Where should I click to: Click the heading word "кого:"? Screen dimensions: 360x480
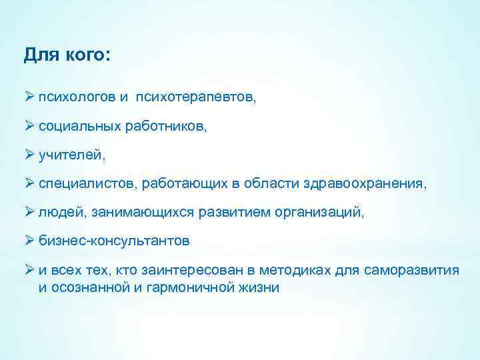point(88,55)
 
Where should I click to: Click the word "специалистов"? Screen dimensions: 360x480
point(81,183)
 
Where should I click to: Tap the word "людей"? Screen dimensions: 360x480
point(57,211)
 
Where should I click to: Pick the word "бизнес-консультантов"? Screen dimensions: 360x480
point(114,241)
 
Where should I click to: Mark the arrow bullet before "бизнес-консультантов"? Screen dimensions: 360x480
point(29,240)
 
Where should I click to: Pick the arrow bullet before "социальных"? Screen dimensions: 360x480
point(29,125)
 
